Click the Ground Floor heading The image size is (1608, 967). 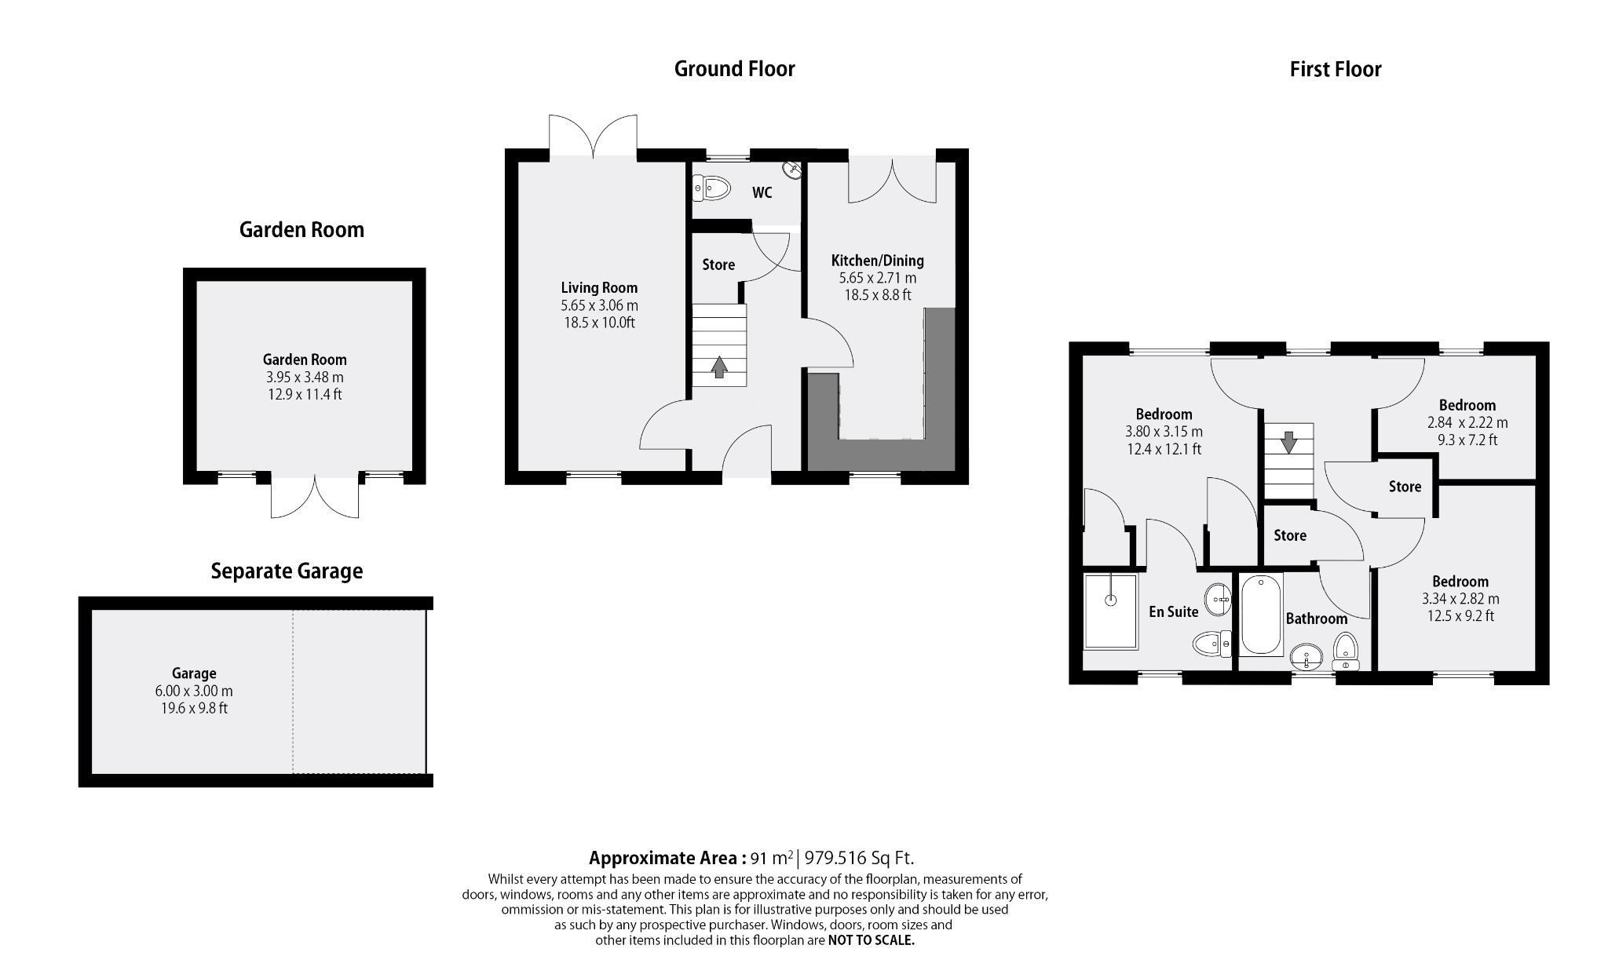pyautogui.click(x=734, y=69)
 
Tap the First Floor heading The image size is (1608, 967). pyautogui.click(x=1335, y=69)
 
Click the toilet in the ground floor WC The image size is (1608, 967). pyautogui.click(x=713, y=188)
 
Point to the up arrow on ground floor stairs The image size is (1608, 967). pyautogui.click(x=718, y=367)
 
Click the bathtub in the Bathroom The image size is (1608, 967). pyautogui.click(x=1261, y=615)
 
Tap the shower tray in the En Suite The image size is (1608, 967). pyautogui.click(x=1110, y=611)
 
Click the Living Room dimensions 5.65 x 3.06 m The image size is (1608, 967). pyautogui.click(x=599, y=305)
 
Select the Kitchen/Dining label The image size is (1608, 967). pyautogui.click(x=877, y=261)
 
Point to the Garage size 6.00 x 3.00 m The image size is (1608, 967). pyautogui.click(x=194, y=691)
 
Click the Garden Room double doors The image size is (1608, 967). pyautogui.click(x=315, y=496)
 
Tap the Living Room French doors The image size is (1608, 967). pyautogui.click(x=593, y=137)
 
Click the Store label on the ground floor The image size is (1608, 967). pyautogui.click(x=718, y=265)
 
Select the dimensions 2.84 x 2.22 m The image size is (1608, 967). pyautogui.click(x=1467, y=422)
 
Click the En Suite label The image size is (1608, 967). pyautogui.click(x=1173, y=612)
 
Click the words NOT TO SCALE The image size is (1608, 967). pyautogui.click(x=871, y=940)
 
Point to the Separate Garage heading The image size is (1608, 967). pyautogui.click(x=287, y=571)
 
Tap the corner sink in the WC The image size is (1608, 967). pyautogui.click(x=792, y=169)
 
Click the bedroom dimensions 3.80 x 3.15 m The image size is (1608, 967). pyautogui.click(x=1164, y=432)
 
